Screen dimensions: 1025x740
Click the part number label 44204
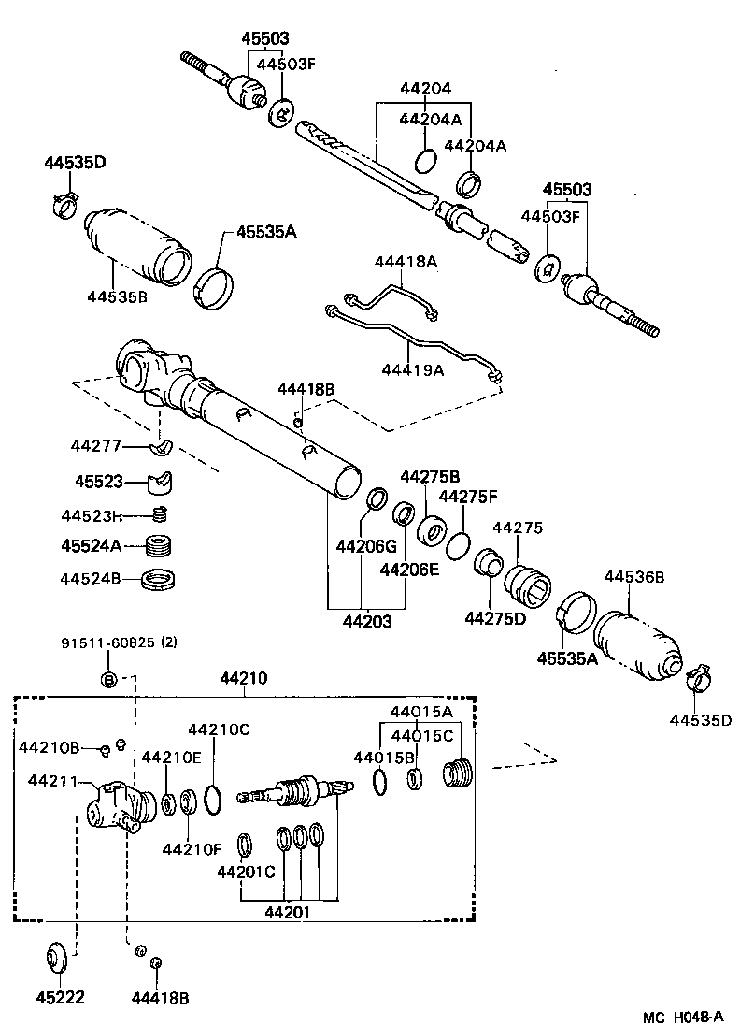[425, 89]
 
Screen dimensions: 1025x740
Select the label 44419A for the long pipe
[412, 369]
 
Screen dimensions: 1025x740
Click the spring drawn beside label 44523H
[161, 513]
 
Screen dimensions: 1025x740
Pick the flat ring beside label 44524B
[161, 580]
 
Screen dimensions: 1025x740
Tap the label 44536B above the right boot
[633, 577]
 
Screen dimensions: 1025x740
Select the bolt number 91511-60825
[109, 642]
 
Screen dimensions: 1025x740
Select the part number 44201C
[246, 873]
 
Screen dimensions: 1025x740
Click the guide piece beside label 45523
[161, 484]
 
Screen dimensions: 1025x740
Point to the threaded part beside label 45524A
[161, 546]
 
